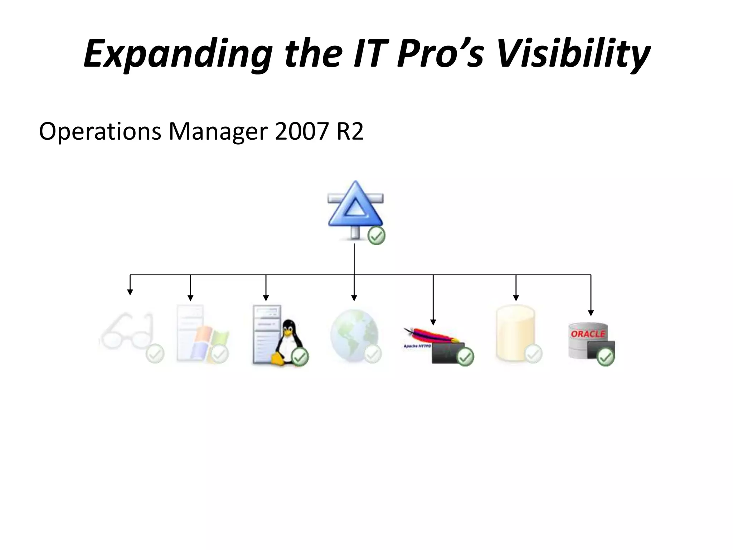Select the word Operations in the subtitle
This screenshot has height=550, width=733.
point(100,131)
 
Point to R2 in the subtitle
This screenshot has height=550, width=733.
point(350,131)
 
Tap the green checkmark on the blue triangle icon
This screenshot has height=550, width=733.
point(377,236)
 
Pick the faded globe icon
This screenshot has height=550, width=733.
point(354,335)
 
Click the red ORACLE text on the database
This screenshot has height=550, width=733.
point(588,334)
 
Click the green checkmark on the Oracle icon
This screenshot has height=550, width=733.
point(606,357)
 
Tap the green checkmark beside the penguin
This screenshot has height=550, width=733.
point(300,357)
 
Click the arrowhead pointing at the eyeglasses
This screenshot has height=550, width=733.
point(130,292)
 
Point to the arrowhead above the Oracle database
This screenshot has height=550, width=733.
point(591,313)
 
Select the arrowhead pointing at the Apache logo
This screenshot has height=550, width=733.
point(433,322)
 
